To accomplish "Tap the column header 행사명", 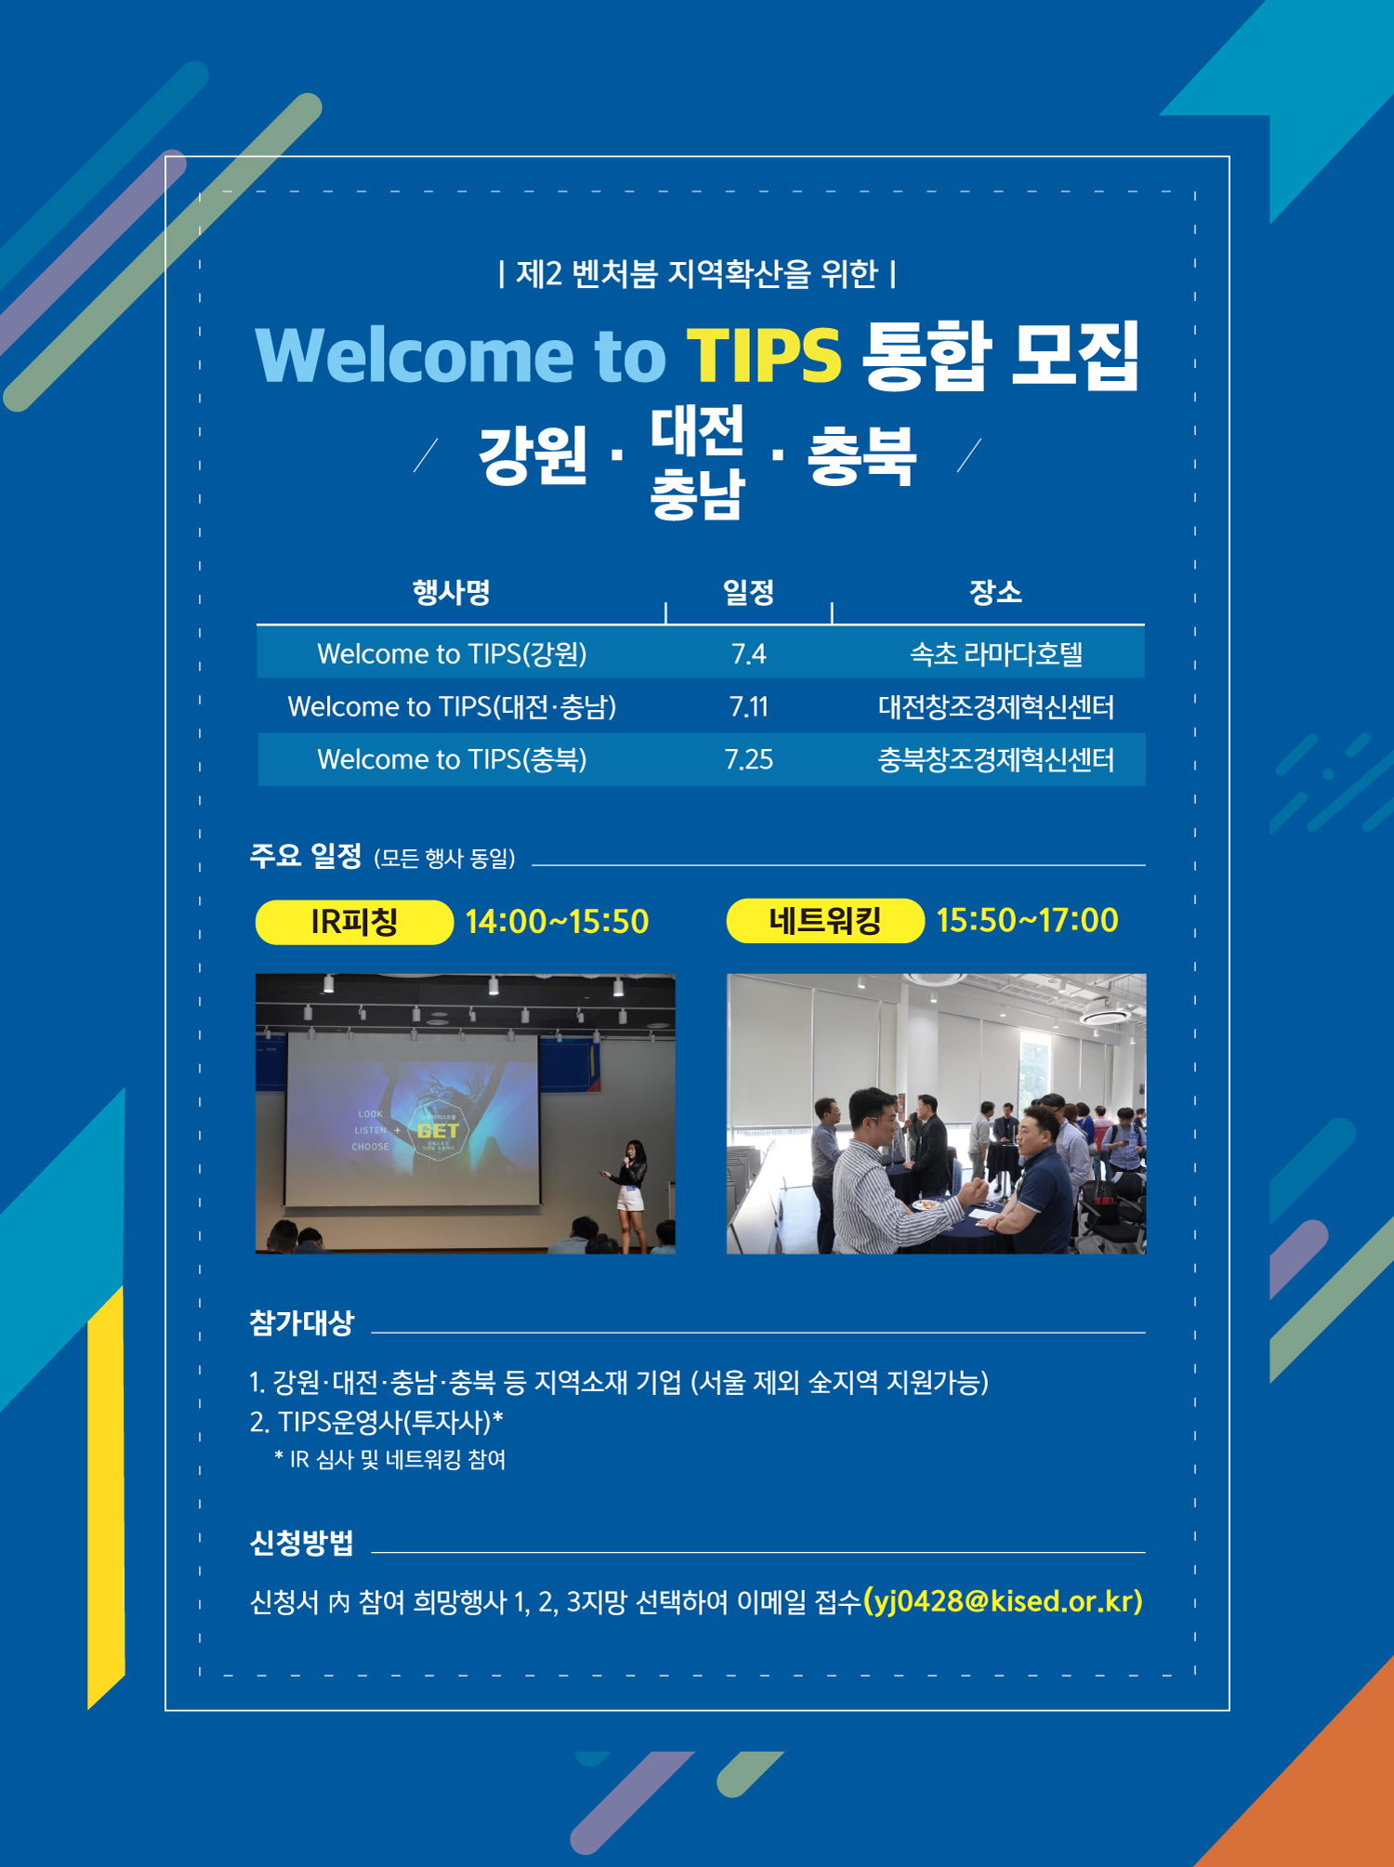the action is [452, 592].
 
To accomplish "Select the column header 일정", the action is [749, 592].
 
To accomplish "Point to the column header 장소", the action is [995, 592].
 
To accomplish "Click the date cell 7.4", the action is [749, 654].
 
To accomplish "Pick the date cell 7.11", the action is [749, 707].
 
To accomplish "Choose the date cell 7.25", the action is [749, 760].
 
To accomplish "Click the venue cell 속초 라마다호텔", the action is [996, 654].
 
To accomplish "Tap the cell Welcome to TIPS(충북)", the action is [452, 760].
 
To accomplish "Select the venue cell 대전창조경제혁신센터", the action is [996, 707].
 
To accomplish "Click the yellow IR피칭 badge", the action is [354, 922].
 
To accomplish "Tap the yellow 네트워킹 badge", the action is [825, 921].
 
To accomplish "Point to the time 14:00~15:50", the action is [557, 922].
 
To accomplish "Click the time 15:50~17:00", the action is [1027, 921].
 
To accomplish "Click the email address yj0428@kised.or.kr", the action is [1004, 1601].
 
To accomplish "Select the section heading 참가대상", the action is [302, 1322].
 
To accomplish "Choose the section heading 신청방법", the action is [302, 1543].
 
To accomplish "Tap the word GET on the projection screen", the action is [438, 1131].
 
